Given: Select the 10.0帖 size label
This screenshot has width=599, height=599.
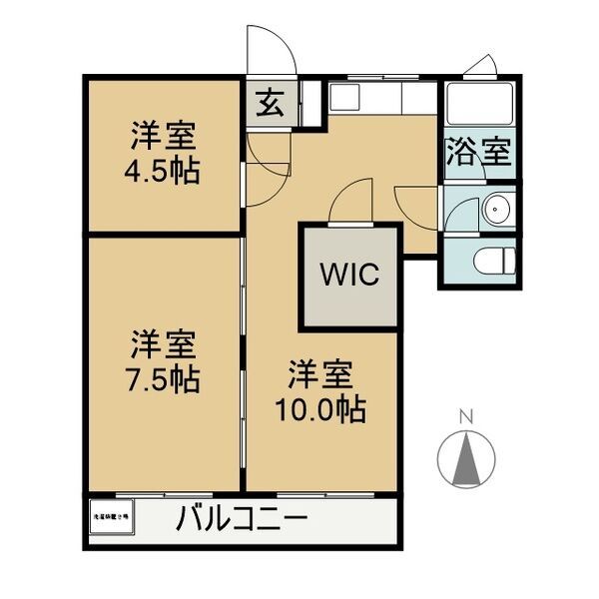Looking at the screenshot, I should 321,407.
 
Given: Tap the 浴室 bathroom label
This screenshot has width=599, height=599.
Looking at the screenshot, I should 478,154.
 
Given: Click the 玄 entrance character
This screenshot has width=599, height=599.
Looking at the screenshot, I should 270,103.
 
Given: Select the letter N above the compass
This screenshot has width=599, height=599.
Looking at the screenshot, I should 465,415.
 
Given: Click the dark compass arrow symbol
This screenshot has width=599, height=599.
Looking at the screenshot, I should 465,462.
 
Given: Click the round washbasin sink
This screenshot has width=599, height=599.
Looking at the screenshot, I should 494,210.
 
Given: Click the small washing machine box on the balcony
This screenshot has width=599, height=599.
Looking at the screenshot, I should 111,518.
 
